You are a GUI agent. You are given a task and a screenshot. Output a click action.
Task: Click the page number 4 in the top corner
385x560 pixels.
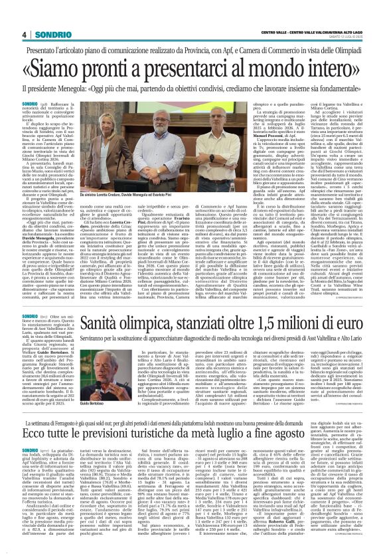point(23,35)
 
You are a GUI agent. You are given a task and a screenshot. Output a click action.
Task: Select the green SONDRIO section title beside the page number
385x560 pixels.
point(48,35)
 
